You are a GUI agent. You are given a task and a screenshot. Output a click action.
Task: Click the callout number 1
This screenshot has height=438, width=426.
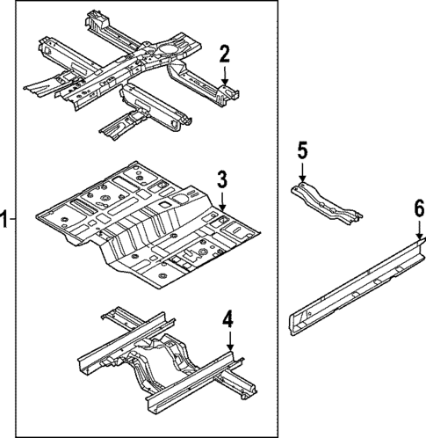5,220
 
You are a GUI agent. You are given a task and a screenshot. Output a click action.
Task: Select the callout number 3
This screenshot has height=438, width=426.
222,180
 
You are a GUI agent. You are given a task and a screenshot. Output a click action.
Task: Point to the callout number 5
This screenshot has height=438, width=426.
302,150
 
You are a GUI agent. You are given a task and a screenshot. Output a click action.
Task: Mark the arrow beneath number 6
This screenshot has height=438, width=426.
419,230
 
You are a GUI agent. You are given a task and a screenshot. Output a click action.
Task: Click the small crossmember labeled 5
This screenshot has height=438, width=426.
326,202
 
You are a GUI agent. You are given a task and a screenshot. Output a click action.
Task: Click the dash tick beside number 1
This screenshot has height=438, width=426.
14,220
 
